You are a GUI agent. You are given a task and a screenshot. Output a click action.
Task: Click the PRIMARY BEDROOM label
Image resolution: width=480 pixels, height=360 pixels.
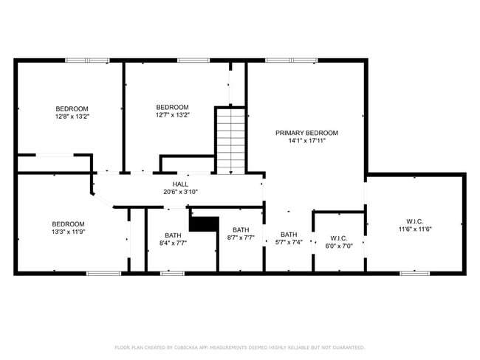306,133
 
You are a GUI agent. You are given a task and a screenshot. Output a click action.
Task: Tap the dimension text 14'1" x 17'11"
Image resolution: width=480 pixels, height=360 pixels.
306,141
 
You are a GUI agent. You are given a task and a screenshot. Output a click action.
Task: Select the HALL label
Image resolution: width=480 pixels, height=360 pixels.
180,184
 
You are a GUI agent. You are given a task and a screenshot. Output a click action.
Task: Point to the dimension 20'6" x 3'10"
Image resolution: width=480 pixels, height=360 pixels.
180,192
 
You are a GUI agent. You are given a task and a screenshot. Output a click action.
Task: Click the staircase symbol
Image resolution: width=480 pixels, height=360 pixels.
230,140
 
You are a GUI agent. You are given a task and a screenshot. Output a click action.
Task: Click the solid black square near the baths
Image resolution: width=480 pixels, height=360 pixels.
205,224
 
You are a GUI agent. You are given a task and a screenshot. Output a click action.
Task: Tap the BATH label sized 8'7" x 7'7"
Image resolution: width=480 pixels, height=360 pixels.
241,229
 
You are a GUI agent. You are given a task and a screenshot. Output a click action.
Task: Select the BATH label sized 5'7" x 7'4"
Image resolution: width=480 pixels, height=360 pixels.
288,234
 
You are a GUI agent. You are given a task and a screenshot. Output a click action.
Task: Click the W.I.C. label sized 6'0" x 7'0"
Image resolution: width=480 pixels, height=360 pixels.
339,238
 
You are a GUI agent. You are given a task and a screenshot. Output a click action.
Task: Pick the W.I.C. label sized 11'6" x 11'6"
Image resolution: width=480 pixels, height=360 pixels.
415,221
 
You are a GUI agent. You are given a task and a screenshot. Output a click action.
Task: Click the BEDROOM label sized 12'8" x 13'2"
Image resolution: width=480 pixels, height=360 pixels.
72,108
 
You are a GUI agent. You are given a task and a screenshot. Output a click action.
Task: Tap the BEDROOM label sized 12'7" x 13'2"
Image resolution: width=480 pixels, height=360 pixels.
172,107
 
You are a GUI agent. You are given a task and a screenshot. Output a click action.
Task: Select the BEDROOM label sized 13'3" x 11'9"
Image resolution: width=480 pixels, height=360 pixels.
68,224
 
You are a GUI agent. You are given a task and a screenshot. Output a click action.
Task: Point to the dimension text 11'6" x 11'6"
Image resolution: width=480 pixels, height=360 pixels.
415,229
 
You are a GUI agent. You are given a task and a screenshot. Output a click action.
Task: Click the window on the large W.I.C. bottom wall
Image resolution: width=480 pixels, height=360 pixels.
414,273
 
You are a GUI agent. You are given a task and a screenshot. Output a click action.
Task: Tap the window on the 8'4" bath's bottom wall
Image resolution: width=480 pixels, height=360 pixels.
172,273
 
